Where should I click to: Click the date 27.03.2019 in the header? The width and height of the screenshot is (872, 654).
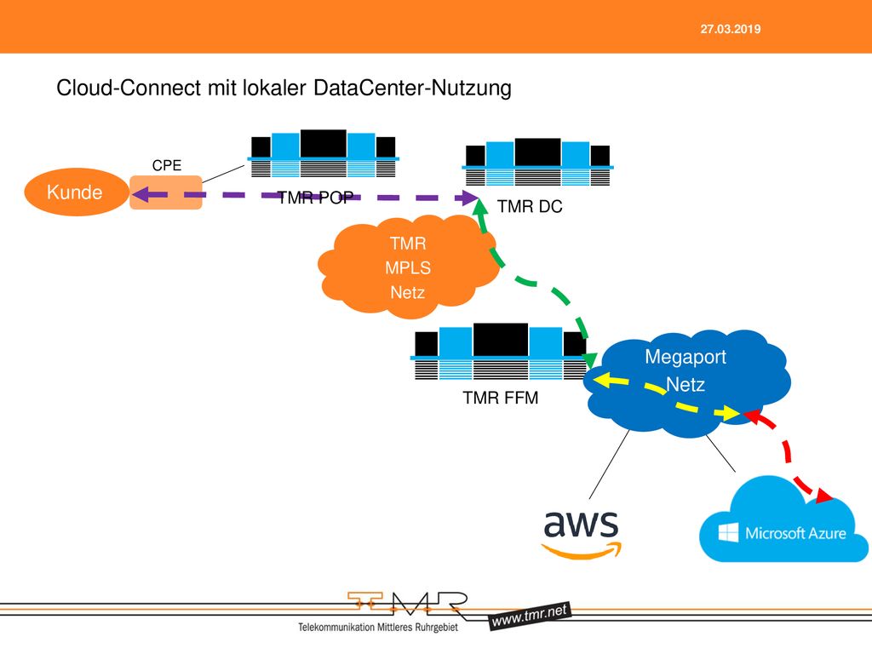(x=730, y=30)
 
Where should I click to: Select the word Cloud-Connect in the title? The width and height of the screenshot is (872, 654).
(x=129, y=88)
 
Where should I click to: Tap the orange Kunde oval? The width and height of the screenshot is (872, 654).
(x=76, y=192)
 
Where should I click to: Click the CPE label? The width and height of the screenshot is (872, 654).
(x=167, y=165)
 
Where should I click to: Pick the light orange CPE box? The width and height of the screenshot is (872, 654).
(x=166, y=192)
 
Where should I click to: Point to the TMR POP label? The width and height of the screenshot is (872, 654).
(x=315, y=198)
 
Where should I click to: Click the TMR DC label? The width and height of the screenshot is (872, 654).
(x=530, y=206)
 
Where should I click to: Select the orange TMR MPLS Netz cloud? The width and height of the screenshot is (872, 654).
(x=409, y=267)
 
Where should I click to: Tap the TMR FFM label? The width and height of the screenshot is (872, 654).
(x=501, y=398)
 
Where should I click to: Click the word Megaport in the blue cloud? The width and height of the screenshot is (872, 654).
(x=686, y=357)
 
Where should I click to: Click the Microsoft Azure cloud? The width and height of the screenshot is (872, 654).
(x=783, y=520)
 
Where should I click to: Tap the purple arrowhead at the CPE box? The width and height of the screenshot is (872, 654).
(x=141, y=195)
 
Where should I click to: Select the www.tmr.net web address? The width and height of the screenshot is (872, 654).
(x=530, y=616)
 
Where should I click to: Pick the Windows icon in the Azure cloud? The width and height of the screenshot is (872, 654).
(x=729, y=532)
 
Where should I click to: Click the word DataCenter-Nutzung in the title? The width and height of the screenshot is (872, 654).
(x=412, y=88)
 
